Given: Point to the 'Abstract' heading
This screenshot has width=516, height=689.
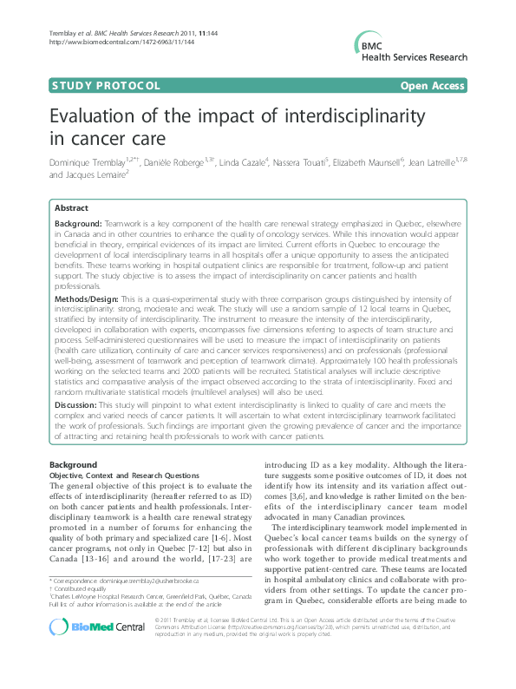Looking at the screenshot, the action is tap(71, 209).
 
